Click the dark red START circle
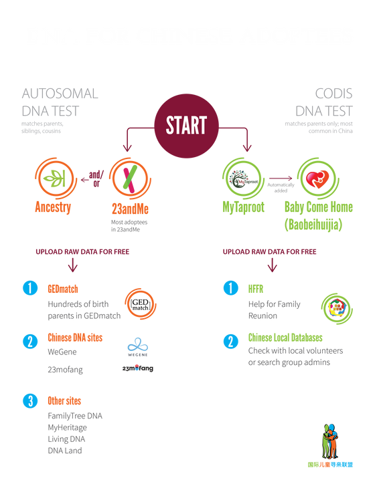(186, 126)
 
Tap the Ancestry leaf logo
(56, 178)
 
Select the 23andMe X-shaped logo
(130, 178)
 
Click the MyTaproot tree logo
(243, 178)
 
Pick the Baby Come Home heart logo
(318, 178)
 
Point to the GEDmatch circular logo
(141, 304)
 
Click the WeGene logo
(138, 347)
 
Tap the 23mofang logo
(137, 368)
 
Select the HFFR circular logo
(337, 308)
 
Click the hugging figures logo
(330, 441)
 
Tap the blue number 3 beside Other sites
(30, 401)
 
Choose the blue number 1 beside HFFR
(230, 288)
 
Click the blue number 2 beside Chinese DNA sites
(30, 342)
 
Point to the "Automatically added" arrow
(281, 178)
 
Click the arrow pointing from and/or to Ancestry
(84, 180)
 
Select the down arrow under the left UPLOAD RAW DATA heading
(72, 265)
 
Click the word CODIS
(333, 94)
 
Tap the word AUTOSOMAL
(60, 94)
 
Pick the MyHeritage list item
(67, 428)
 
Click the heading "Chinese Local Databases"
(285, 338)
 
